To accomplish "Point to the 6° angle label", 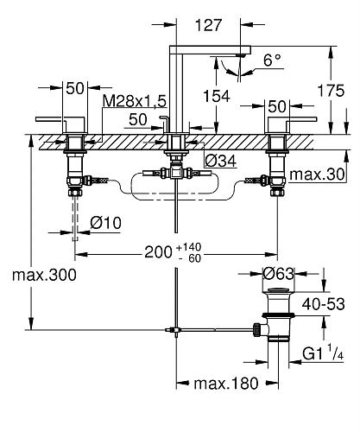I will (x=272, y=60).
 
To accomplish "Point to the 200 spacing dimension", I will (x=155, y=254).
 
